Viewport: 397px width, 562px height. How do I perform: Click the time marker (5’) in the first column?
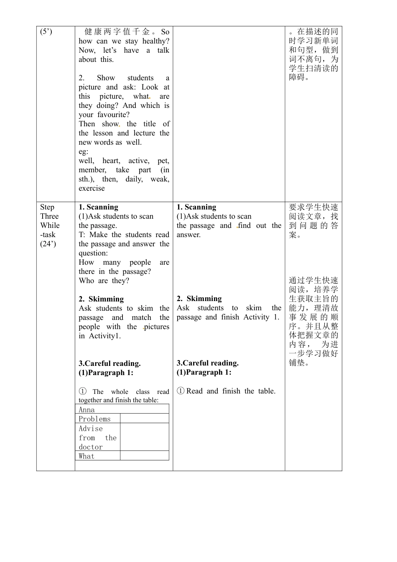[x=46, y=32]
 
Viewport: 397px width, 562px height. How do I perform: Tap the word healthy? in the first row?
[x=156, y=41]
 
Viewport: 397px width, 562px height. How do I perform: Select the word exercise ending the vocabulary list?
[x=92, y=188]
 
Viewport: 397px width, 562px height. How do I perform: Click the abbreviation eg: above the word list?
[x=83, y=151]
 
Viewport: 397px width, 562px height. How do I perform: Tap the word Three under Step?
[x=49, y=216]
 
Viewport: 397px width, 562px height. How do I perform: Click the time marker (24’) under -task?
[x=48, y=244]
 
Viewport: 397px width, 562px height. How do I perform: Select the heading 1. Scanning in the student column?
[x=196, y=207]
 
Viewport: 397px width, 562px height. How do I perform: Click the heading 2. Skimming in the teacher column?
[x=101, y=299]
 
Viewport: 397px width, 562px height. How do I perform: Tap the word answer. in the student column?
[x=188, y=235]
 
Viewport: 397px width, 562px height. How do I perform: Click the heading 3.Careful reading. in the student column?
[x=207, y=363]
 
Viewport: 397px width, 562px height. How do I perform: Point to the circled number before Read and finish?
[x=181, y=391]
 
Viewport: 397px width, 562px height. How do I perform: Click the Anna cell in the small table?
[x=87, y=410]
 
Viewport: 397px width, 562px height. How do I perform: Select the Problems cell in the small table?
[x=95, y=419]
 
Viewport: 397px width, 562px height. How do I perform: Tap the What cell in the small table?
[x=87, y=456]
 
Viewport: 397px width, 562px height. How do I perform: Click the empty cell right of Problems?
[x=144, y=419]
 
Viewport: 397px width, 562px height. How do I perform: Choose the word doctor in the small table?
[x=91, y=447]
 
